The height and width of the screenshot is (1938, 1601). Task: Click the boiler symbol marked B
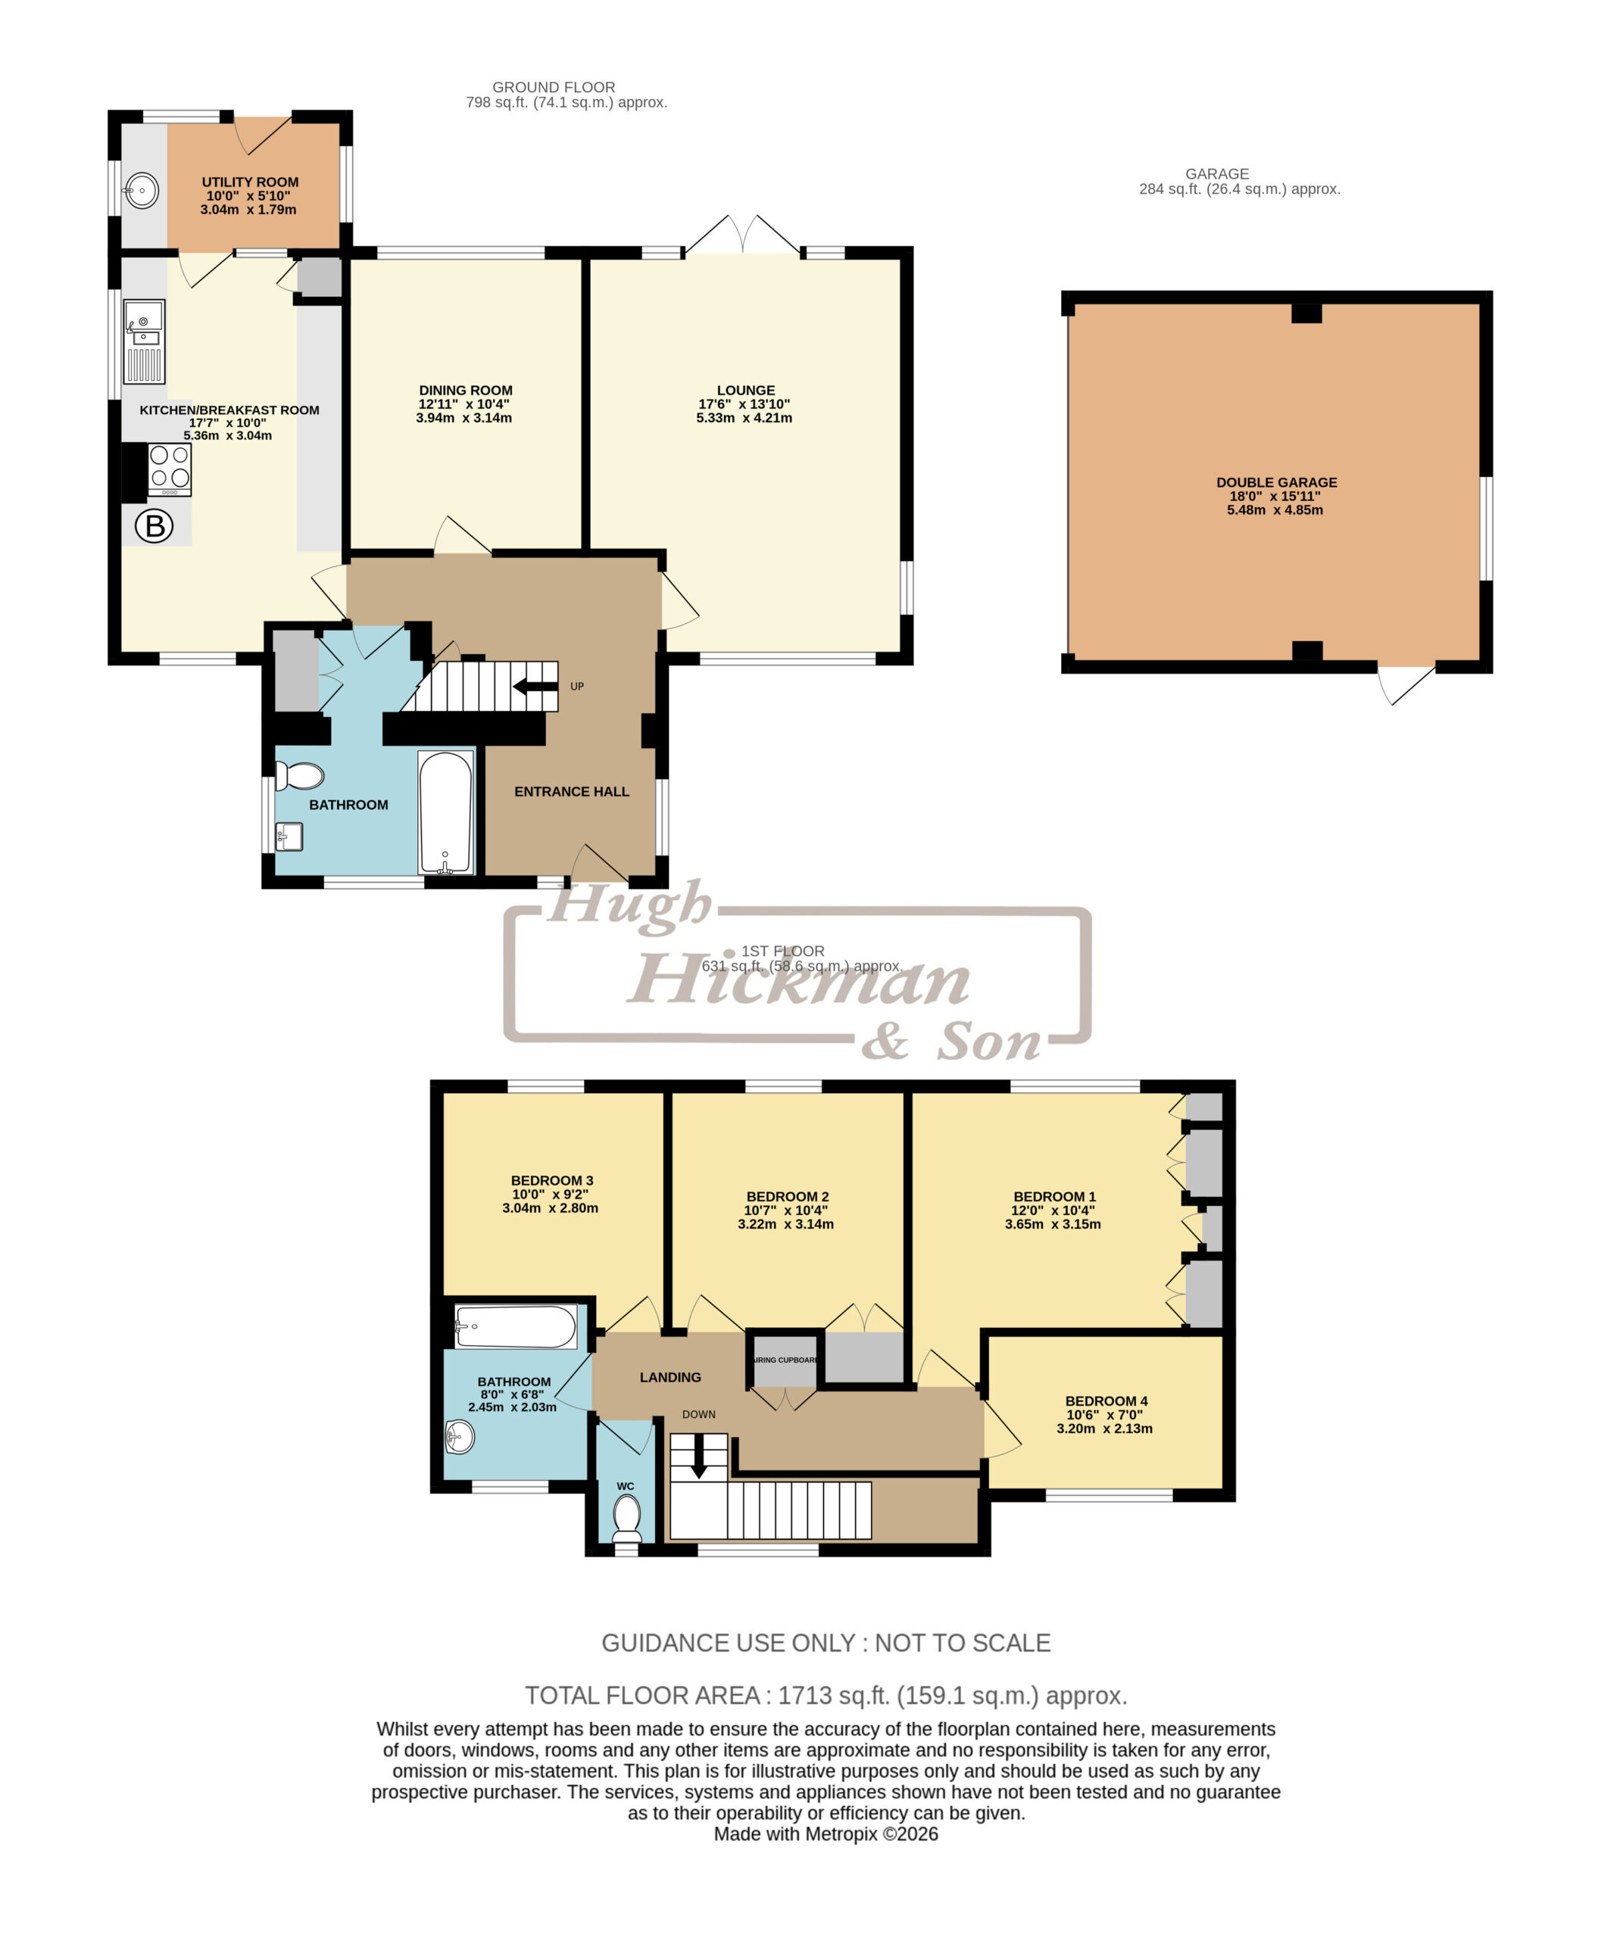pyautogui.click(x=154, y=526)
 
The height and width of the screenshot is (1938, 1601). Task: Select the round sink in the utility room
pyautogui.click(x=142, y=191)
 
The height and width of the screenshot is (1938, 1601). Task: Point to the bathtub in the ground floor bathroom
pyautogui.click(x=446, y=812)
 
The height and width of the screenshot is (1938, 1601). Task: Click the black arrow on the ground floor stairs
pyautogui.click(x=535, y=686)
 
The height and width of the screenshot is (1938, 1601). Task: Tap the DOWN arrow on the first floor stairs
pyautogui.click(x=699, y=1456)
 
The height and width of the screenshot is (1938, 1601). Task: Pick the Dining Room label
pyautogui.click(x=465, y=390)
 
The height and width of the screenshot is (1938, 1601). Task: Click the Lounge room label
pyautogui.click(x=745, y=390)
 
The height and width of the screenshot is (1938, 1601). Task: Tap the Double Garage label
pyautogui.click(x=1276, y=482)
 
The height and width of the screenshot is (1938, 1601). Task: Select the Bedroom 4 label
pyautogui.click(x=1106, y=1401)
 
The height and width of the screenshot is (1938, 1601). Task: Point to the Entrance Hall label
pyautogui.click(x=572, y=791)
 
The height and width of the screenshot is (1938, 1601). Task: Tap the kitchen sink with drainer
pyautogui.click(x=145, y=341)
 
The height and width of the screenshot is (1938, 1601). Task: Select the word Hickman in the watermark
pyautogui.click(x=799, y=979)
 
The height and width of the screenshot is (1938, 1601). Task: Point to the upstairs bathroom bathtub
pyautogui.click(x=516, y=1327)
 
